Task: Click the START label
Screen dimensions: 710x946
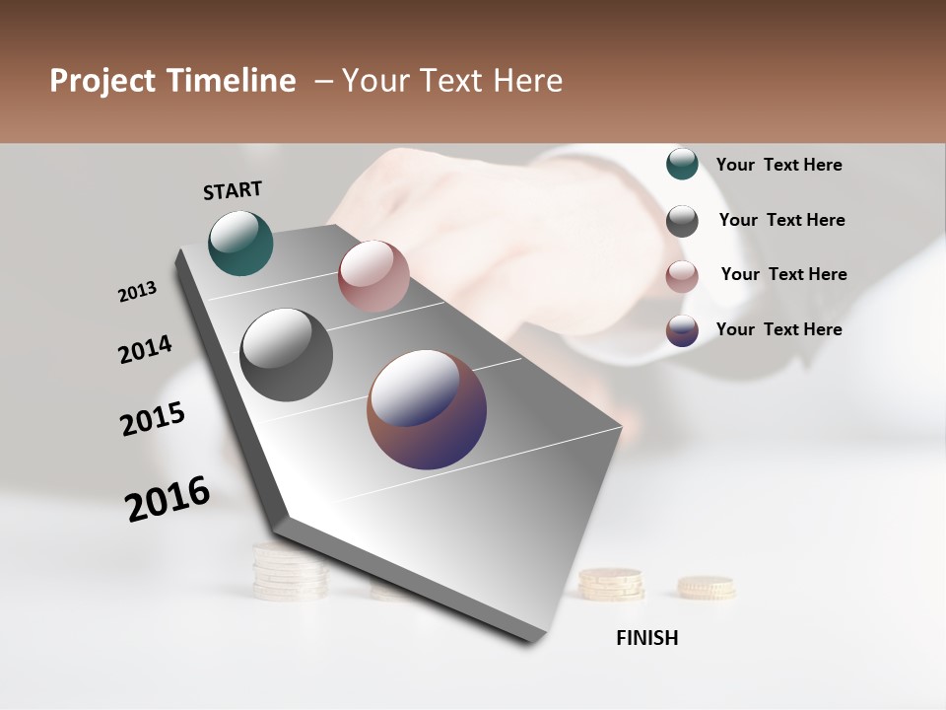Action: point(234,190)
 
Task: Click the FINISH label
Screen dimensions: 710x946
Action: point(647,638)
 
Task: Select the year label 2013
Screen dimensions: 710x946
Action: point(138,292)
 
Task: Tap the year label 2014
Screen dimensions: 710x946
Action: point(146,350)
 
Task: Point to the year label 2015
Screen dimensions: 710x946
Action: point(153,419)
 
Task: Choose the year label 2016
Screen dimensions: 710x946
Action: point(169,499)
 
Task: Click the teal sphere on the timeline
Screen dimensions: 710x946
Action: point(241,244)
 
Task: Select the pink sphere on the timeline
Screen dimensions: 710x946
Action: point(373,276)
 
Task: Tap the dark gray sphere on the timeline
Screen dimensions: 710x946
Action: point(287,355)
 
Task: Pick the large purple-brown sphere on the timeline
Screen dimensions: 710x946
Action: point(427,409)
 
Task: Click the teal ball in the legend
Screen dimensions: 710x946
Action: point(682,164)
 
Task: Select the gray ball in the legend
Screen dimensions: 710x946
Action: point(682,221)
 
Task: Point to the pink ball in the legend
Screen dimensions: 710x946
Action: point(682,276)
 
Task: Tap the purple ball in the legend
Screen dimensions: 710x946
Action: point(682,330)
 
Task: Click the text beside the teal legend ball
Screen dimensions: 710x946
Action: point(779,165)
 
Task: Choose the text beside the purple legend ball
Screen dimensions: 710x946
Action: point(779,329)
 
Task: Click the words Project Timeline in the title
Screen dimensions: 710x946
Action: point(172,81)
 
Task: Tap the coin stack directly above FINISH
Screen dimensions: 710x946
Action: point(611,584)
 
